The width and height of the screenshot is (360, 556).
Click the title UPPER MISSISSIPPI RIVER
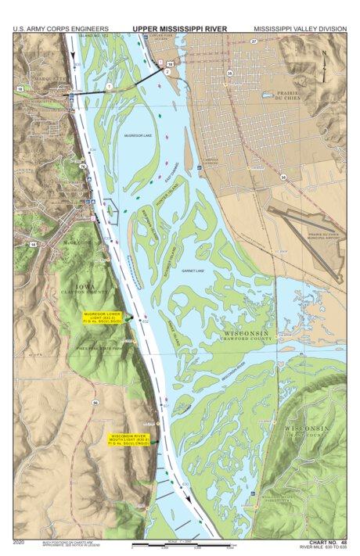(x=179, y=29)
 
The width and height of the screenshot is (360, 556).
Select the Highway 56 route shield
(x=94, y=403)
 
